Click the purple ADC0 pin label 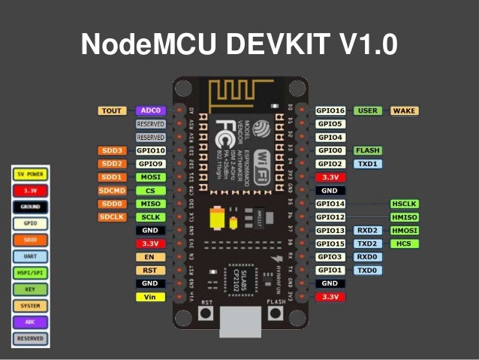[x=150, y=110]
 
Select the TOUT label [x=111, y=110]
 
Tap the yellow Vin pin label [x=150, y=297]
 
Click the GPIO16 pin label [x=330, y=110]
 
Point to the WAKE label [x=403, y=110]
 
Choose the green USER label [x=367, y=110]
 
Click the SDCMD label [x=111, y=191]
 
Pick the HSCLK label [x=404, y=204]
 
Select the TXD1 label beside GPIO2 [x=367, y=163]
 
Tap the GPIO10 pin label [x=150, y=150]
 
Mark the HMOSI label [x=404, y=230]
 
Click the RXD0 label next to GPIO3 [x=367, y=257]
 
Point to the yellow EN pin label [x=150, y=257]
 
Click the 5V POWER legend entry [x=31, y=174]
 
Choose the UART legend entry [x=31, y=256]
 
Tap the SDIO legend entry [x=31, y=239]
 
